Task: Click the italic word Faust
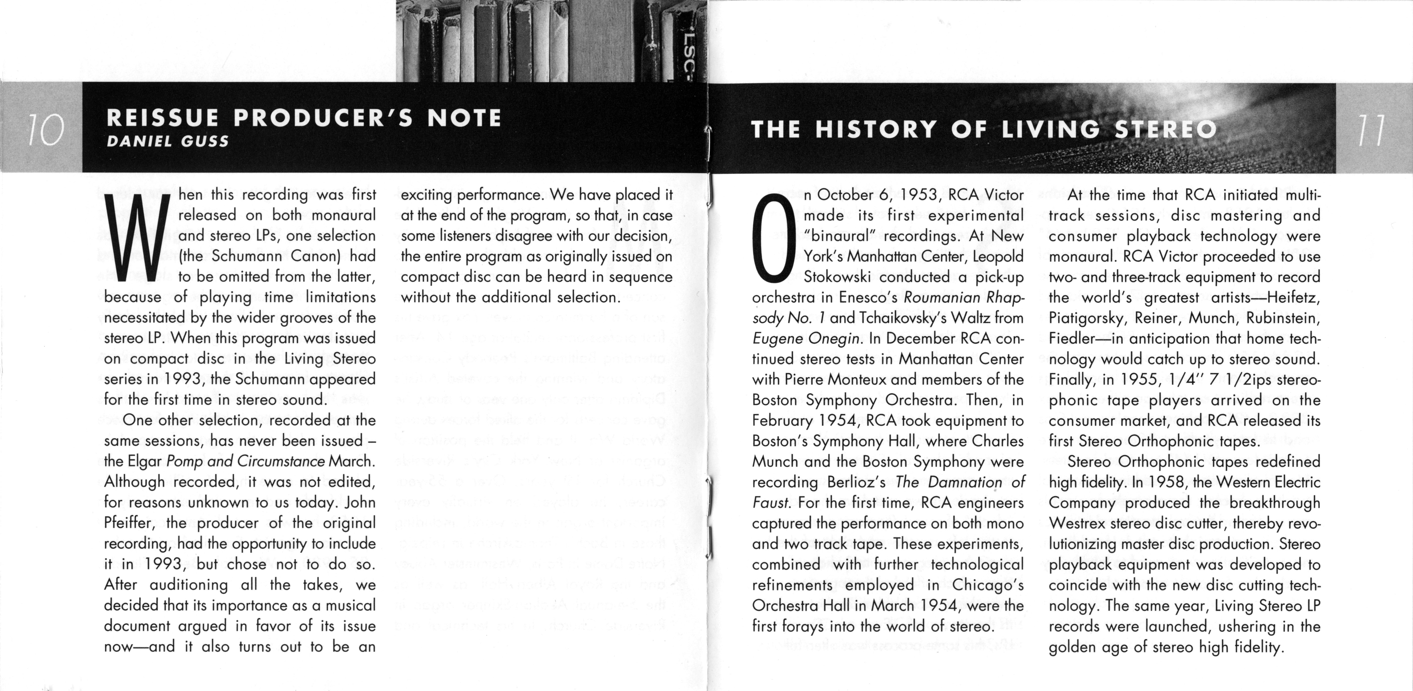coord(772,503)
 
